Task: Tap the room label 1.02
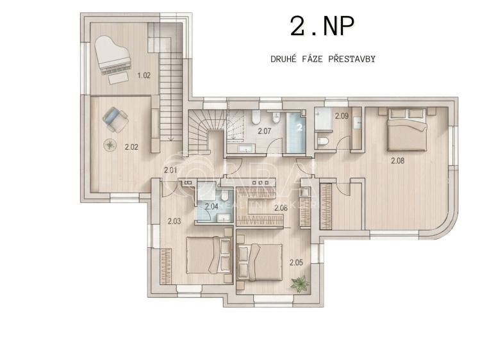144,76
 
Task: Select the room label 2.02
131,147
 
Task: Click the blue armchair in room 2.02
115,118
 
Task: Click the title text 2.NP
322,28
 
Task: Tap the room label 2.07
265,131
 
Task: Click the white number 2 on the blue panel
299,127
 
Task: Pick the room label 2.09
342,116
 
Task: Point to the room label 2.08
398,161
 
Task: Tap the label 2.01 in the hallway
170,170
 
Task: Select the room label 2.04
211,206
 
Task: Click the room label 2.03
174,221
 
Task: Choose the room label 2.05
295,261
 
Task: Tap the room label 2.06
280,208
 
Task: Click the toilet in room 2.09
323,141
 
